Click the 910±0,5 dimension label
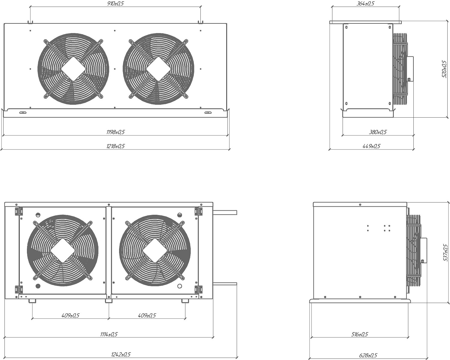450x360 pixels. pyautogui.click(x=115, y=4)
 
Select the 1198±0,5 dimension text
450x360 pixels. pyautogui.click(x=115, y=132)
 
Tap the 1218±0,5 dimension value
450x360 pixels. pyautogui.click(x=115, y=146)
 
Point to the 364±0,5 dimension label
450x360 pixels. pyautogui.click(x=365, y=4)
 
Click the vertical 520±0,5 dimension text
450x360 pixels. pyautogui.click(x=444, y=69)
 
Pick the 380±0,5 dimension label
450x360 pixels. pyautogui.click(x=378, y=132)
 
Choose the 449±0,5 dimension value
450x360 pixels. pyautogui.click(x=371, y=146)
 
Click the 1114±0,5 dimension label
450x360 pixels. pyautogui.click(x=109, y=334)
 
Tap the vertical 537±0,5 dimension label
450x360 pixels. pyautogui.click(x=445, y=253)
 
